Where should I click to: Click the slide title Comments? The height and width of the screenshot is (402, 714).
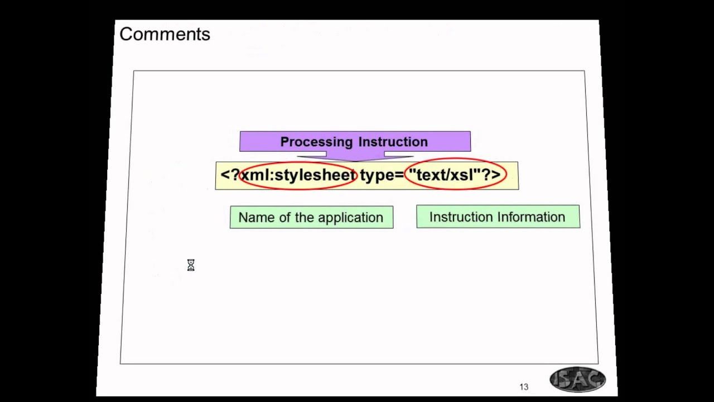pyautogui.click(x=165, y=34)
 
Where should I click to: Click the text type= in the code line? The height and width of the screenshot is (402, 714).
pyautogui.click(x=382, y=175)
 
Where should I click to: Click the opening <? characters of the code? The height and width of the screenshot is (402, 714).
pyautogui.click(x=229, y=175)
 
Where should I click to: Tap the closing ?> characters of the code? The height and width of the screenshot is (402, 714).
pyautogui.click(x=491, y=175)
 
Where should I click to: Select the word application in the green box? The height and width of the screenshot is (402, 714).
pyautogui.click(x=355, y=218)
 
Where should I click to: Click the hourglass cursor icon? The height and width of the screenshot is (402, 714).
pyautogui.click(x=191, y=265)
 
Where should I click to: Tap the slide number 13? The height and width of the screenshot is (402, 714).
pyautogui.click(x=523, y=387)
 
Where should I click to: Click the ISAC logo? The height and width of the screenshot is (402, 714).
pyautogui.click(x=577, y=380)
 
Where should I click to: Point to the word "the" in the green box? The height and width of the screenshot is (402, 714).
pyautogui.click(x=305, y=218)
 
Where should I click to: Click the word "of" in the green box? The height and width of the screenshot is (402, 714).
pyautogui.click(x=284, y=218)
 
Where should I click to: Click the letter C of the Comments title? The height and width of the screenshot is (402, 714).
pyautogui.click(x=126, y=34)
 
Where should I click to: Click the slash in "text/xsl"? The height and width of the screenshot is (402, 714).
pyautogui.click(x=446, y=175)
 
